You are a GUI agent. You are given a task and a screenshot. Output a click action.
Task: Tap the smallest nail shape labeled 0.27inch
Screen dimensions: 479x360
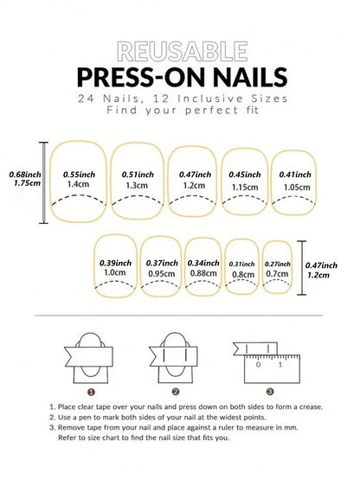(277, 267)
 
